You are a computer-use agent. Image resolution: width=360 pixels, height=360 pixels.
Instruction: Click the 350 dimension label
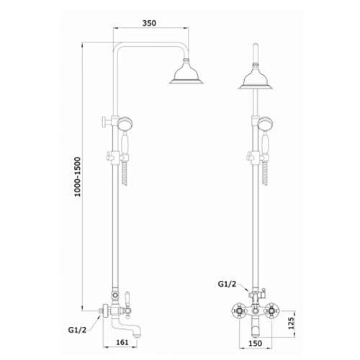coord(149,23)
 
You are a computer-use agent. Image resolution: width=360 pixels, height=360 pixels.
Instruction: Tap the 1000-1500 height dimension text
coord(78,176)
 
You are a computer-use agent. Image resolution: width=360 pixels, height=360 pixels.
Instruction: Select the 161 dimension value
coord(122,342)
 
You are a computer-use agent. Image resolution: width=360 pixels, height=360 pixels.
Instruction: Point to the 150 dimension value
coord(255,343)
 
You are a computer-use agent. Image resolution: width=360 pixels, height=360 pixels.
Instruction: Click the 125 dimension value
coord(291,323)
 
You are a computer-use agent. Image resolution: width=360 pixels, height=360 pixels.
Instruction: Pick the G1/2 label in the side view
coord(77,330)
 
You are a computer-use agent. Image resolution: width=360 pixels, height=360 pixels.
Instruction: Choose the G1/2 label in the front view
coord(227,284)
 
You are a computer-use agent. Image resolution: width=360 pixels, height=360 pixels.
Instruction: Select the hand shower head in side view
coord(125,124)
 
